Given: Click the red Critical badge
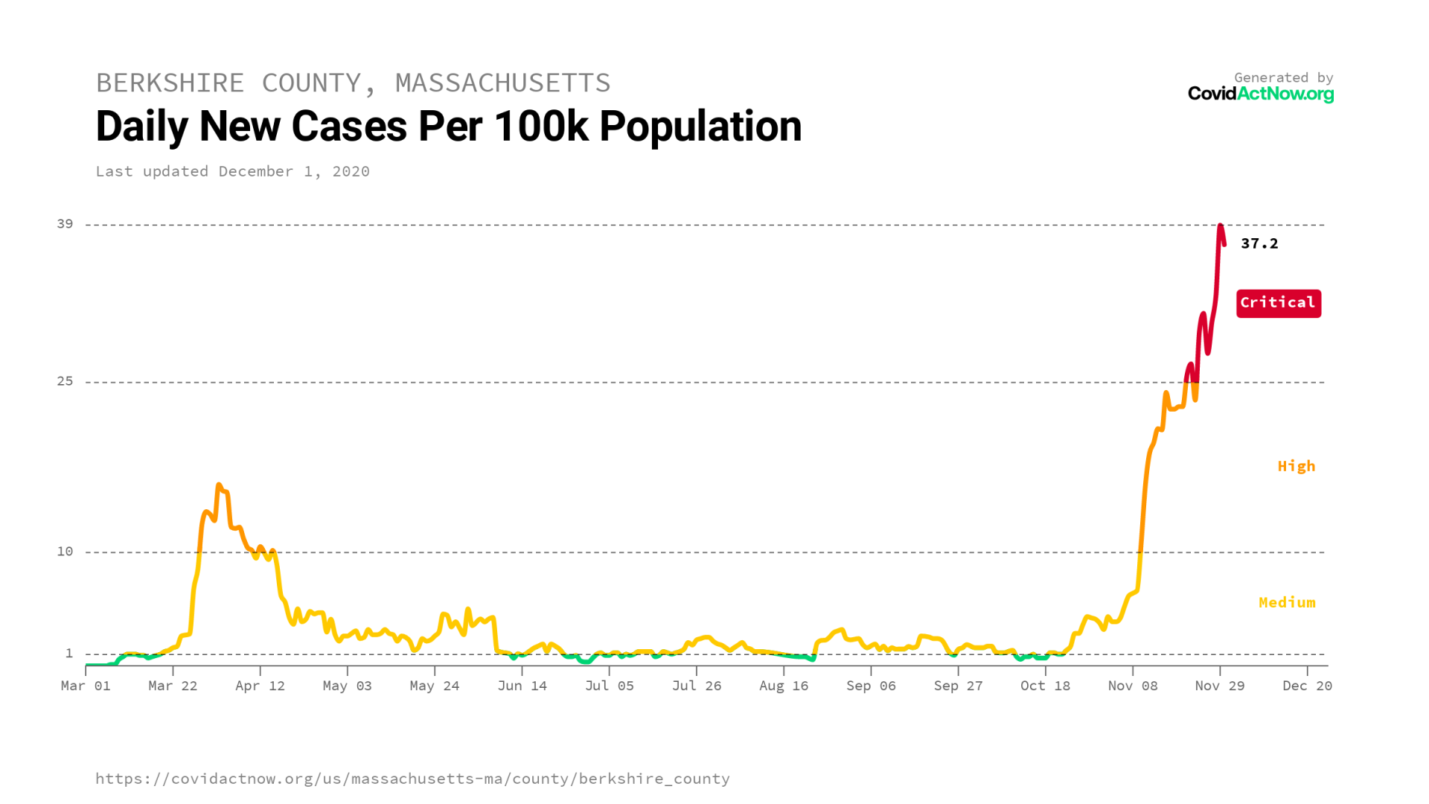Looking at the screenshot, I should click(1278, 303).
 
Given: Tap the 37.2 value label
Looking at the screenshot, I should click(1259, 243).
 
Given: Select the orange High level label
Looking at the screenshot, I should click(1296, 466).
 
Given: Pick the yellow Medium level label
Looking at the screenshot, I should click(1286, 602).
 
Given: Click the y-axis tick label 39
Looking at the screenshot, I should click(65, 224).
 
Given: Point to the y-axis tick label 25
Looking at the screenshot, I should click(65, 381).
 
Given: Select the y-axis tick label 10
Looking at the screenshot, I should click(65, 552).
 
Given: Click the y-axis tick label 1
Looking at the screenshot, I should click(69, 654).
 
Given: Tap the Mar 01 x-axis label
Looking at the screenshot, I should click(86, 686).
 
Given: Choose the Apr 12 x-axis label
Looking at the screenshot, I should click(260, 686).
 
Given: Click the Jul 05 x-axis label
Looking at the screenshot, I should click(609, 686).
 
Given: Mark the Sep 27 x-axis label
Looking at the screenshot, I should click(958, 686).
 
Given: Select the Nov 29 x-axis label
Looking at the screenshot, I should click(1219, 686).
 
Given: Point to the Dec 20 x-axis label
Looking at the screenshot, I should click(1306, 686).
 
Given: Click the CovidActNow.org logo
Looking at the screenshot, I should click(1260, 94).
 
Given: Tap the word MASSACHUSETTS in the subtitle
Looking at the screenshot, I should click(502, 83).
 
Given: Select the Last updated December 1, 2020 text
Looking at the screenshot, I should click(232, 171).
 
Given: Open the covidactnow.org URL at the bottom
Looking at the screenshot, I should click(412, 779).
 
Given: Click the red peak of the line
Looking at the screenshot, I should click(1221, 226).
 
